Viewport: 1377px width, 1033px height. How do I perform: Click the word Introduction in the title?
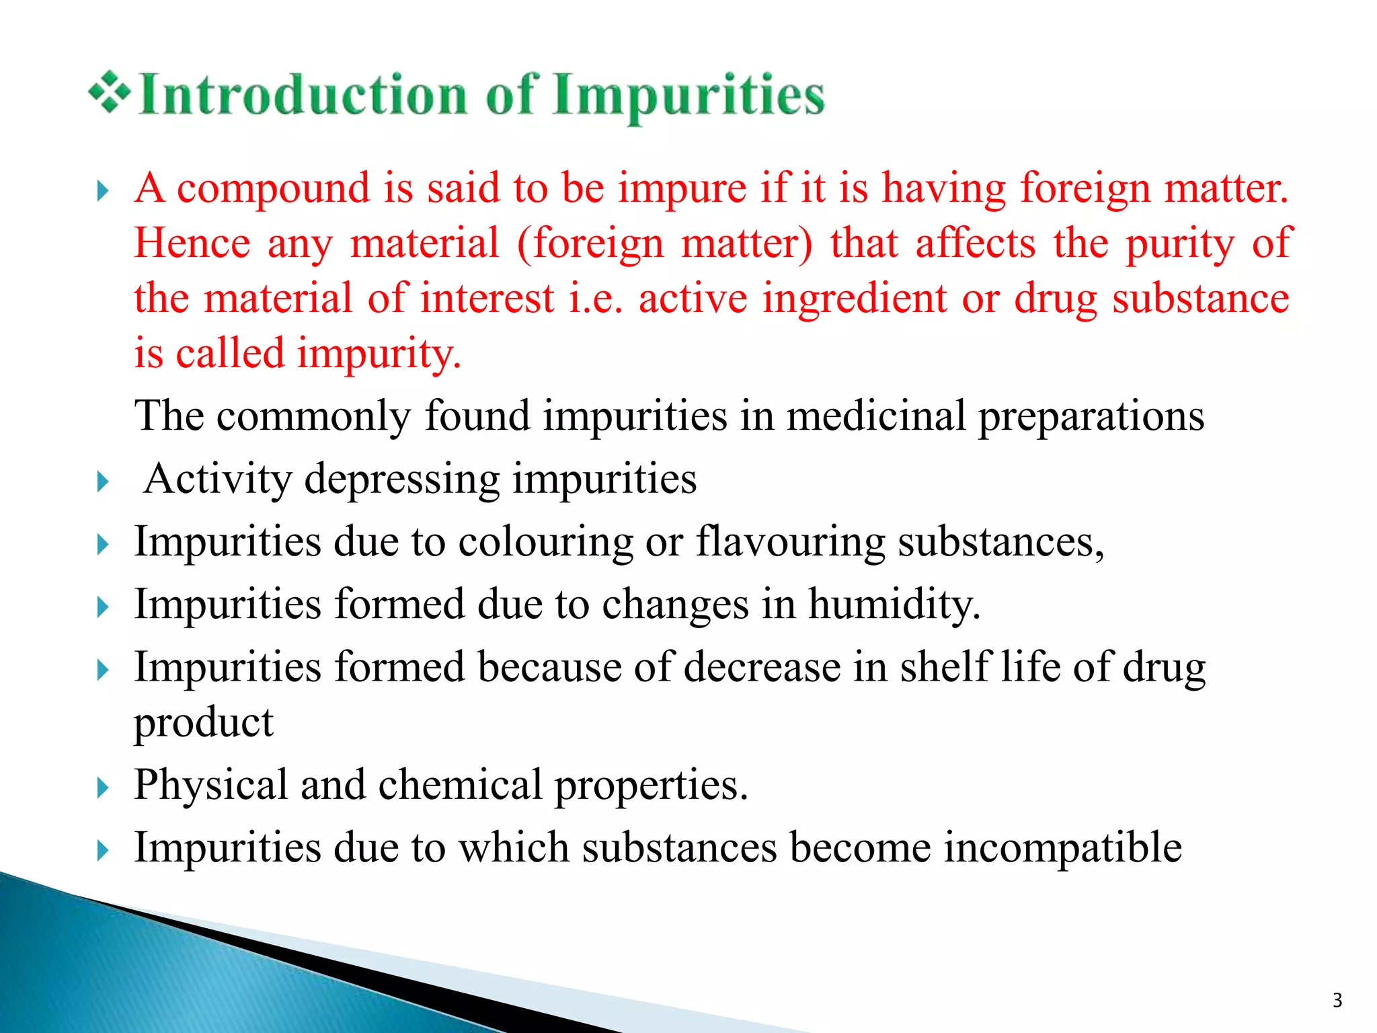coord(303,95)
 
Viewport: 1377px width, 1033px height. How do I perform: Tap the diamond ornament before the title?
coord(109,92)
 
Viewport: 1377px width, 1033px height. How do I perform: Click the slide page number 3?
coord(1337,1001)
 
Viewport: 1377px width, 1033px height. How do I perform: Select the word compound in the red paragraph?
coord(273,188)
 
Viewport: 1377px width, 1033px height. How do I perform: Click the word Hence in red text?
coord(192,243)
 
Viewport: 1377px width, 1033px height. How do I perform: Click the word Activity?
coord(218,480)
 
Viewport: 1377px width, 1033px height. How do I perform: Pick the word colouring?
coord(545,542)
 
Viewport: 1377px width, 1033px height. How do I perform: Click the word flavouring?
coord(790,542)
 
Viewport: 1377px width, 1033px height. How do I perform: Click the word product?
coord(204,724)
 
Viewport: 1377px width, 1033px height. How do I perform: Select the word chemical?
coord(460,785)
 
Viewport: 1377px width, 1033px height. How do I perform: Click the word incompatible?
coord(1062,847)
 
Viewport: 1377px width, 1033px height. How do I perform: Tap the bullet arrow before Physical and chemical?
coord(102,787)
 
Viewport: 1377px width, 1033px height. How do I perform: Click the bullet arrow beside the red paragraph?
coord(102,191)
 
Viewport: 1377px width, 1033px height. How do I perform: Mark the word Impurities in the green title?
coord(688,96)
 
